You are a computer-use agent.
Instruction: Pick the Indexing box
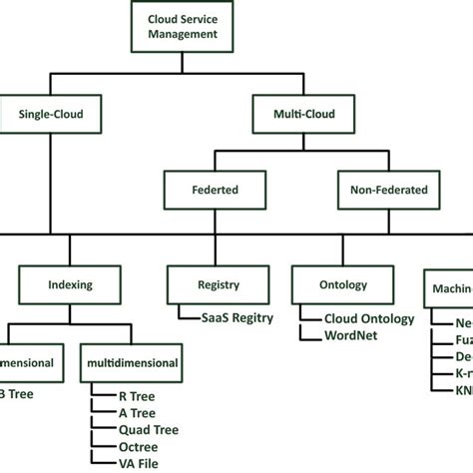70,284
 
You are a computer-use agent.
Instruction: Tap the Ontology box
334,284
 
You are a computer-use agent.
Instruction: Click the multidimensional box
133,363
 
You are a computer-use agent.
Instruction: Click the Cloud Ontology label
369,318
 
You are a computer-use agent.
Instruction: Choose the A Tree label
135,414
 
